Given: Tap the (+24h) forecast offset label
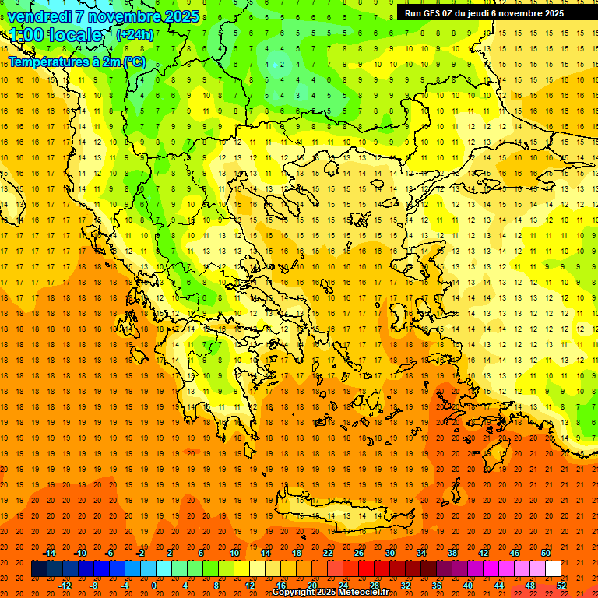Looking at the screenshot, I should coord(135,34).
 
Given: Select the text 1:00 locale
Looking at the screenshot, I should coord(55,35).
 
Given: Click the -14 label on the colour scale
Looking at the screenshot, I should coord(49,553).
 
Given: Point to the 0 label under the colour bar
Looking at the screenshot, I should coord(153,586).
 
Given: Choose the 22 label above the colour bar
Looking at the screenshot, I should coord(328,553).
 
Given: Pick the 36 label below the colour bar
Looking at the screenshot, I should coord(437,586).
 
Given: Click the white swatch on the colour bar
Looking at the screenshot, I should coord(553,569).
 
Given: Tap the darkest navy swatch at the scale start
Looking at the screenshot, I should coord(39,569).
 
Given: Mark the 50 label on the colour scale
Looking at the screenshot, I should coord(546,553).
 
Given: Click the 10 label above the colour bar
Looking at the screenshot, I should coord(234,553).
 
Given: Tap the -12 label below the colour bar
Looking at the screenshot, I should coord(65,586).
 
